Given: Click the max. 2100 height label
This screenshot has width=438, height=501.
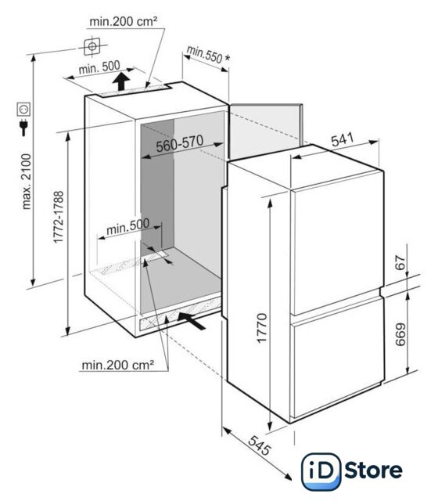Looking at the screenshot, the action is coord(27,182).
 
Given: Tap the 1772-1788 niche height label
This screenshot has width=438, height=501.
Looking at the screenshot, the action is coord(59,218).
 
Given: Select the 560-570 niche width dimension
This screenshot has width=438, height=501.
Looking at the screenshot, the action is coord(180,143).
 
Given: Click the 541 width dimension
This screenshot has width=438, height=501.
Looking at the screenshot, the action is coord(343,139).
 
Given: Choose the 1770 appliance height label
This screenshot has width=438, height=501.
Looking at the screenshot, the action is coord(262,328).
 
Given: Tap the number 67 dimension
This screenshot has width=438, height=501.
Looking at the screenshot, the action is coord(400,263).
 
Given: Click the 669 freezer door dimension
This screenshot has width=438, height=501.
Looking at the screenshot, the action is coord(400,334).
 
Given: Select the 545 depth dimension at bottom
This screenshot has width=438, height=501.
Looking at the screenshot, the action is coord(260,445).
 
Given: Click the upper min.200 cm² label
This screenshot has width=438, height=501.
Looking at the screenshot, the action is coord(124,21).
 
